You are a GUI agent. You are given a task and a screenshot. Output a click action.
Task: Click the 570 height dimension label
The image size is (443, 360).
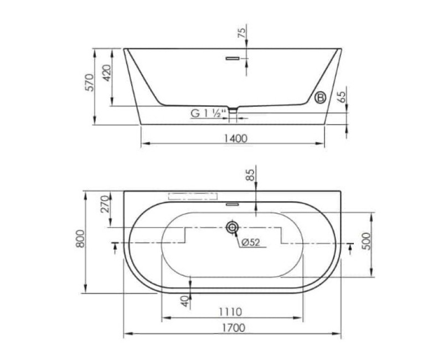coord(90,82)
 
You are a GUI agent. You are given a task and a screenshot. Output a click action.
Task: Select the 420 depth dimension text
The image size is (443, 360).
coord(106,73)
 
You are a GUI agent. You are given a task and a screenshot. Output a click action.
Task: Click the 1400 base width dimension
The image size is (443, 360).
coord(236,138)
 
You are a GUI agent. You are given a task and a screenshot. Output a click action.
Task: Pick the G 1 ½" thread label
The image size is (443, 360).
coord(209,114)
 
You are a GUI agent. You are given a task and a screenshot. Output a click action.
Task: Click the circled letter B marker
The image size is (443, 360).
coord(321,97)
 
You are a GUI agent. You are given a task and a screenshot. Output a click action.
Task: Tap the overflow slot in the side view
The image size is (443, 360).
coord(233,59)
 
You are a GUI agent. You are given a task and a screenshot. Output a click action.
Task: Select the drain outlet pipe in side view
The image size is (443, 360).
coord(233,115)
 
